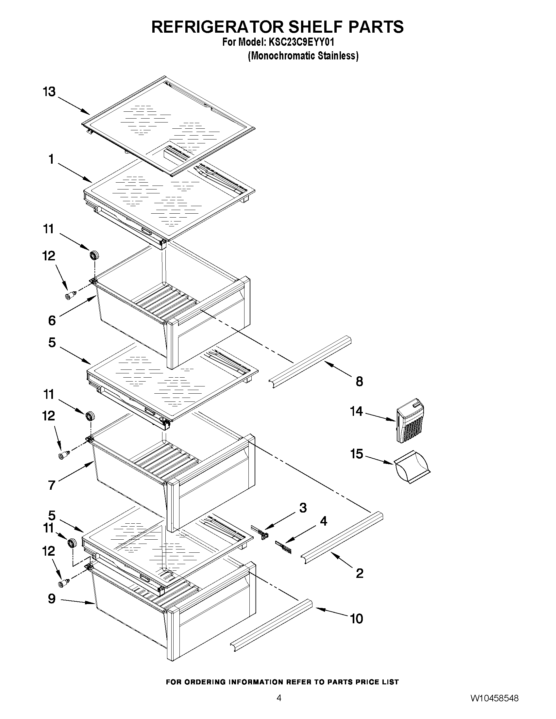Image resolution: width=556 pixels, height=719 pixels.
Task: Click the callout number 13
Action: pyautogui.click(x=49, y=92)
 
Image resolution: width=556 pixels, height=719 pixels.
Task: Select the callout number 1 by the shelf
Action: pyautogui.click(x=51, y=159)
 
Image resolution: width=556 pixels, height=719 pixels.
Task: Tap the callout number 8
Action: pyautogui.click(x=359, y=382)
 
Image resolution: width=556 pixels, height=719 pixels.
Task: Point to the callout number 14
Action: pyautogui.click(x=357, y=412)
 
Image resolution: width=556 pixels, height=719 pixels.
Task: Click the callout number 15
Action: pyautogui.click(x=357, y=454)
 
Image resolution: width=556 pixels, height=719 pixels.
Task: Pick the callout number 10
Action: pyautogui.click(x=357, y=619)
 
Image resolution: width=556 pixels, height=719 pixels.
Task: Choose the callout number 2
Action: pyautogui.click(x=360, y=573)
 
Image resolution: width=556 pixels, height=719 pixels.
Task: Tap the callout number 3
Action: pyautogui.click(x=303, y=508)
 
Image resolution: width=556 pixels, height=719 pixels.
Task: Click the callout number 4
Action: pyautogui.click(x=324, y=521)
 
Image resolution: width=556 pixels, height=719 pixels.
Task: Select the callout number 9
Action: pyautogui.click(x=52, y=598)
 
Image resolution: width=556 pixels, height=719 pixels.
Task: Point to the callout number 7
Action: pyautogui.click(x=52, y=485)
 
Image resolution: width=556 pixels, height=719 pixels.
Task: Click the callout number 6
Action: pyautogui.click(x=52, y=320)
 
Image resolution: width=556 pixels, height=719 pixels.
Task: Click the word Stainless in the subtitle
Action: pyautogui.click(x=338, y=56)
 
